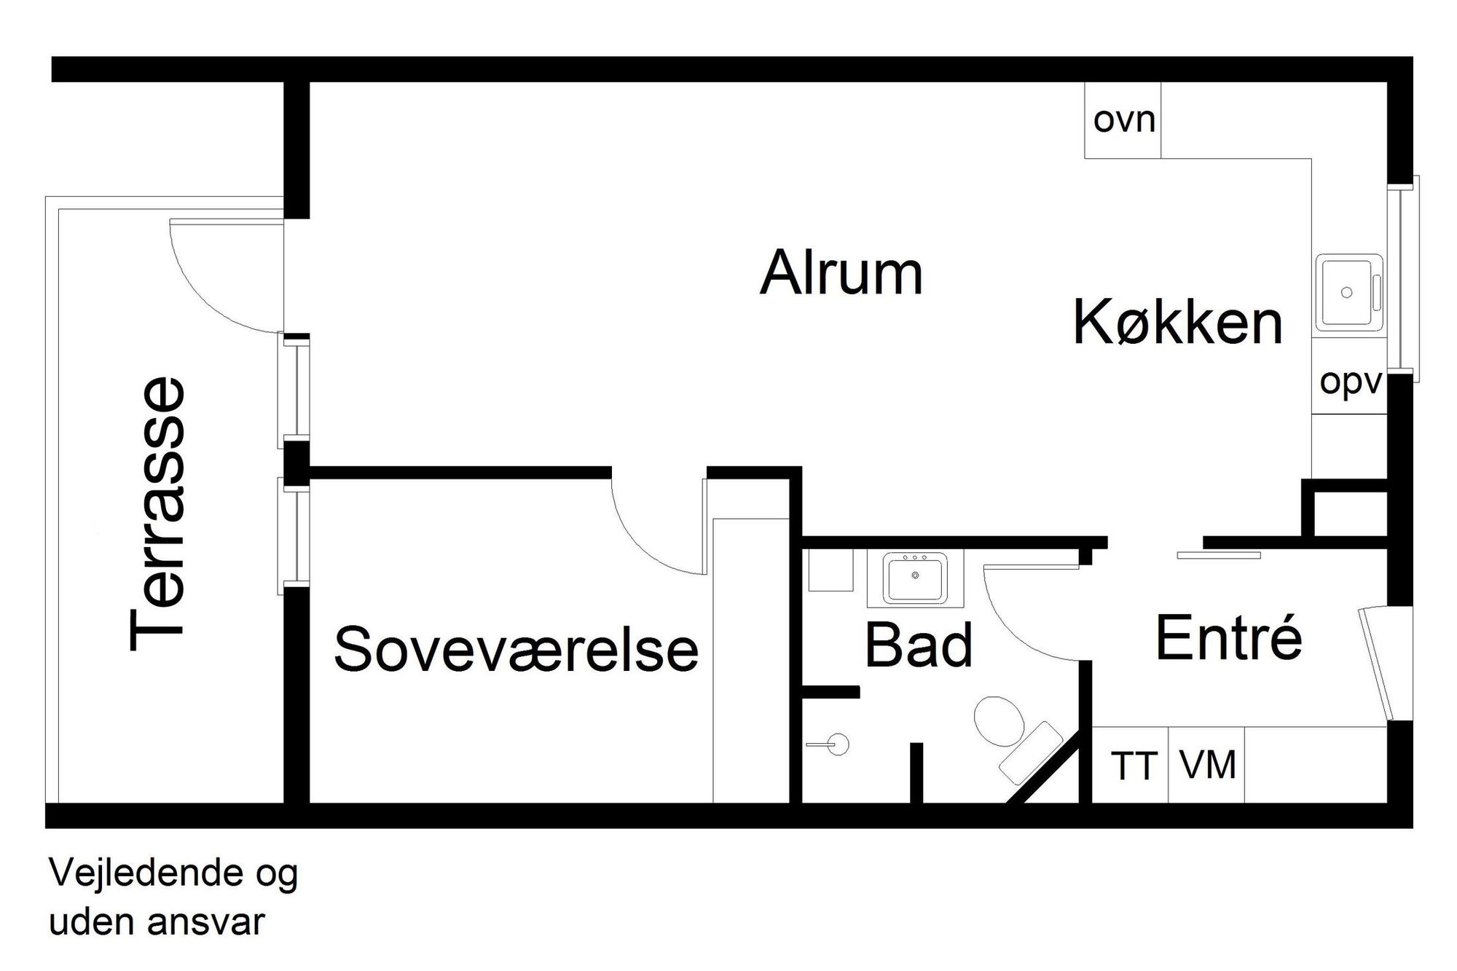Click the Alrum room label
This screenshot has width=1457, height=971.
coord(841,273)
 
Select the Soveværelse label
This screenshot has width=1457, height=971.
coord(516,648)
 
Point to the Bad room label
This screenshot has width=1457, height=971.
coord(919,645)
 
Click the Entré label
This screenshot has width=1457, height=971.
coord(1229,638)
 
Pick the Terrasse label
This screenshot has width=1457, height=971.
coord(157,513)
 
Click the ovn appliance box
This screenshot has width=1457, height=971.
coord(1123,120)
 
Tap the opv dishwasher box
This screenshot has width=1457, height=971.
coord(1350,383)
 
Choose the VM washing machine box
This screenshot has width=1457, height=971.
coord(1207,766)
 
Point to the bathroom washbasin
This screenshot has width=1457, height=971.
coord(915,578)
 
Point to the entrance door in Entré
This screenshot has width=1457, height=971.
coord(1376,663)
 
